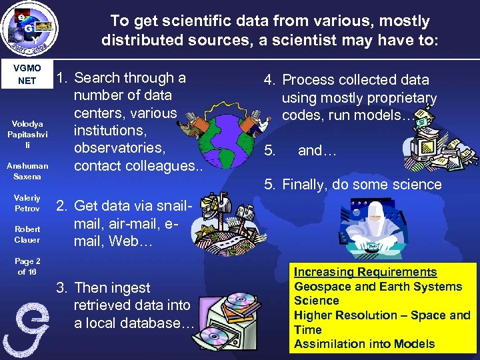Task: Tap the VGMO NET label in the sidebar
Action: tap(27, 74)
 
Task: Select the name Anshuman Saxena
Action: tap(27, 171)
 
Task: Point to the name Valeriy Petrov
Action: tap(27, 203)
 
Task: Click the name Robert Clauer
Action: tap(27, 234)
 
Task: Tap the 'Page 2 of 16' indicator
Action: tap(27, 267)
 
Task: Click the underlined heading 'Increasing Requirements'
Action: tap(365, 272)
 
